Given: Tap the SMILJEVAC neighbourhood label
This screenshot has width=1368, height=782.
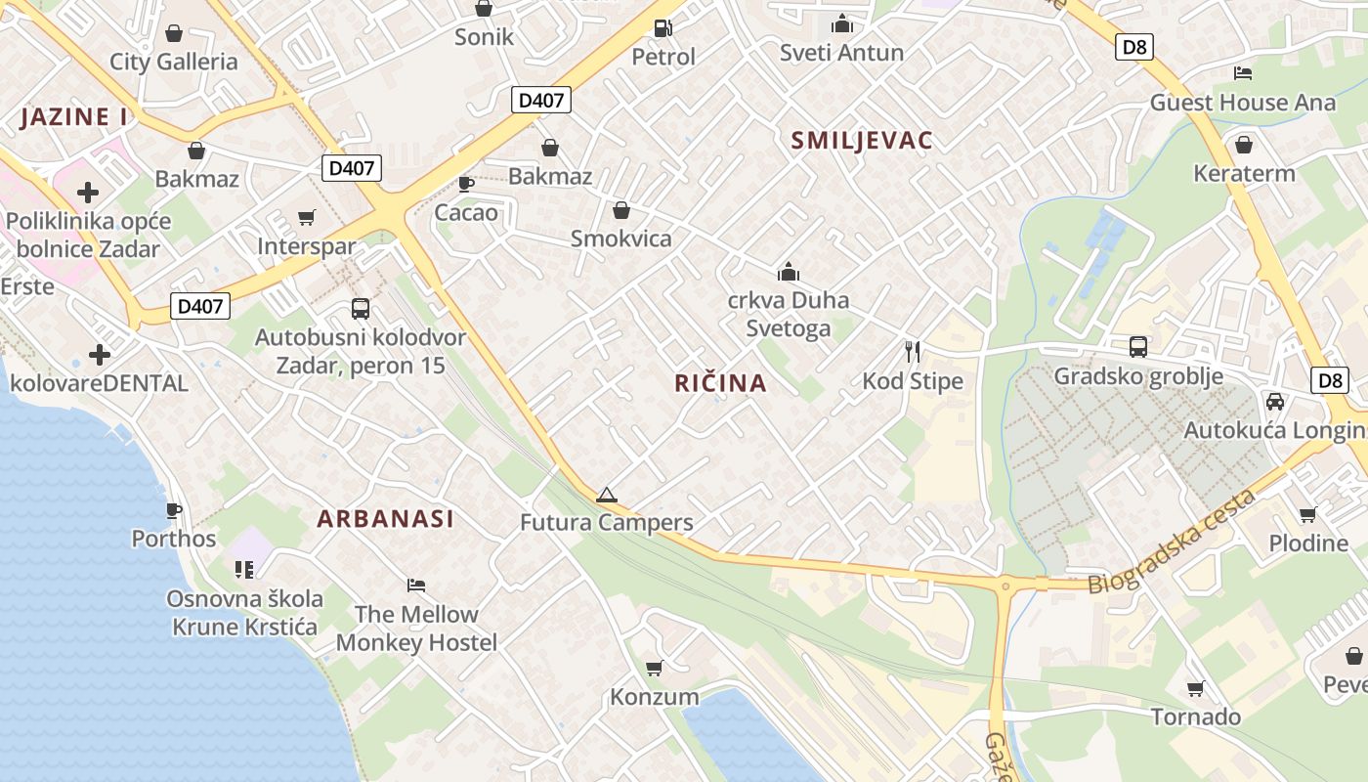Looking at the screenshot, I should (862, 140).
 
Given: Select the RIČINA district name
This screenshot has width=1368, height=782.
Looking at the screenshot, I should (720, 383).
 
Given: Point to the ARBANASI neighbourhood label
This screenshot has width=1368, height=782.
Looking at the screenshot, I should (386, 519).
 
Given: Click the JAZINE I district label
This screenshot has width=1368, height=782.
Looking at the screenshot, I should (74, 117).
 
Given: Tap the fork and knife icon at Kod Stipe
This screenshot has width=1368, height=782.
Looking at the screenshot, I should (913, 352).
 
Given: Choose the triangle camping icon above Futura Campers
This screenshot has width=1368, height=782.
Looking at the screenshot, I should (607, 495).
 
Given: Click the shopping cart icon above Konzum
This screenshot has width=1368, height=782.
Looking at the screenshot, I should (654, 669).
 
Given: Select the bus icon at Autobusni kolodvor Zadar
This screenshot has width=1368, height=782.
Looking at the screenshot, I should (360, 309).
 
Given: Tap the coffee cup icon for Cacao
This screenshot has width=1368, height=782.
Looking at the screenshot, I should (466, 184).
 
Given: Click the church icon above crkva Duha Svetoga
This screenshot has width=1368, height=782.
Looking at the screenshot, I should (788, 272).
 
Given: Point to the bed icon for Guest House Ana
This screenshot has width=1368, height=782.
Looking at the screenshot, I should (1242, 73).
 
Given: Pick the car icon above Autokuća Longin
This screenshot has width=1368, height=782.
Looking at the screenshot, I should (1274, 401).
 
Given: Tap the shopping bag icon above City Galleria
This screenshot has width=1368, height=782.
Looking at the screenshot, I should (174, 33).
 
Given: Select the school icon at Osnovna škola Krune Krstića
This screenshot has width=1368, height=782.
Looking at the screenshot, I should (244, 569).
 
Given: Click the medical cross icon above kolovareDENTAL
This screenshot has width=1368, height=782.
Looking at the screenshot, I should (100, 354).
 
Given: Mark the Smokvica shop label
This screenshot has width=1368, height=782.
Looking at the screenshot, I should (621, 239).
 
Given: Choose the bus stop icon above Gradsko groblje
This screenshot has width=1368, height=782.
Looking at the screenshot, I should (1137, 346).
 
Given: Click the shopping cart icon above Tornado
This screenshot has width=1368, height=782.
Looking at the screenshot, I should (1195, 689).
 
